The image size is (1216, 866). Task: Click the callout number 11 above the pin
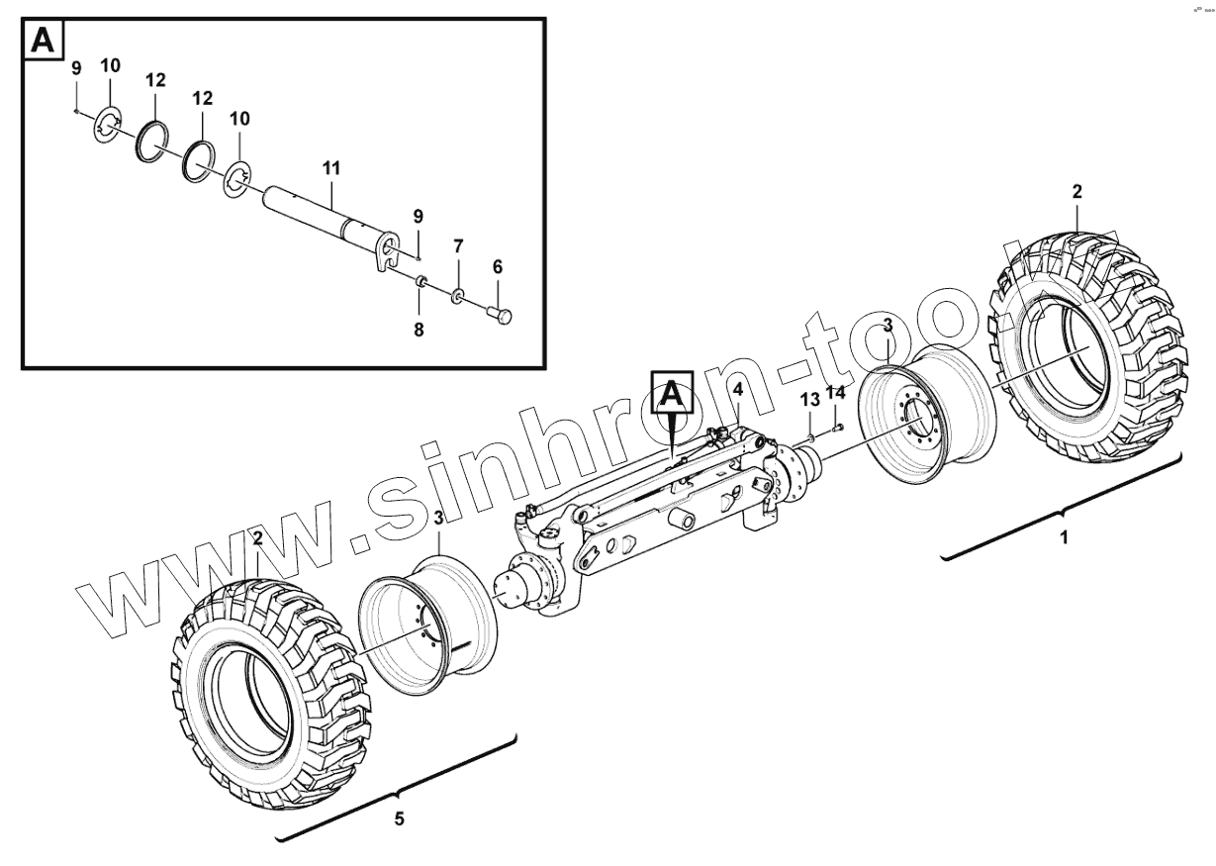point(330,169)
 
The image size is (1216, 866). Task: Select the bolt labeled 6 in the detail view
point(501,315)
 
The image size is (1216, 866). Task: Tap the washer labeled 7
point(458,296)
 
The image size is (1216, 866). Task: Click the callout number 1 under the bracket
point(1065,538)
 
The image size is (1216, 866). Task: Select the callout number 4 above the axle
point(738,389)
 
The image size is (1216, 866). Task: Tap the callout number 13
point(810,400)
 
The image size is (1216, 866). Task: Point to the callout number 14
point(836,393)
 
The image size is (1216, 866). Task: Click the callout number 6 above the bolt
point(498,266)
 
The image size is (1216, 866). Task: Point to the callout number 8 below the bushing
point(419,331)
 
